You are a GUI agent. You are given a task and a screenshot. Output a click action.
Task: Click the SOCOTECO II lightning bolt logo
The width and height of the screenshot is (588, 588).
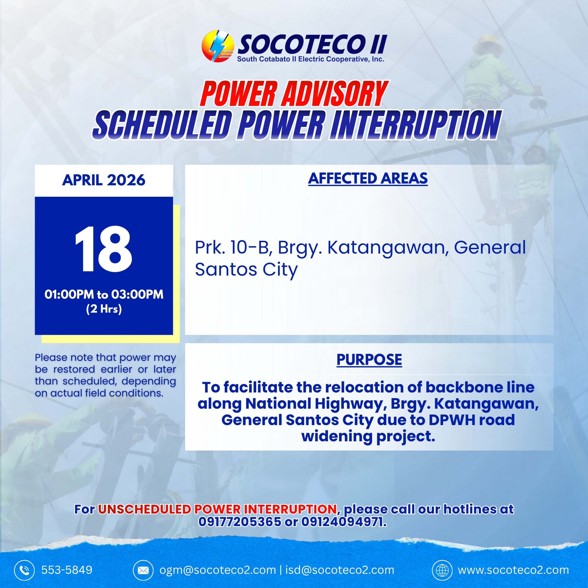(x=218, y=46)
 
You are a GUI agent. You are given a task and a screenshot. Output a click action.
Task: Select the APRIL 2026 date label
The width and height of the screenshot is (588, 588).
(x=104, y=180)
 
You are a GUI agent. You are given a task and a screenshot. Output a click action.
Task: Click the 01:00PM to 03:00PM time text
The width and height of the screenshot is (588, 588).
(x=104, y=294)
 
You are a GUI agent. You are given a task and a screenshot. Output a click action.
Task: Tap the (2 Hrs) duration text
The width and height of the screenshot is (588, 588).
(x=104, y=309)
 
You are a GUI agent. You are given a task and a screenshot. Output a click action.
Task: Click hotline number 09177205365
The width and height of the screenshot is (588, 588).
(x=240, y=522)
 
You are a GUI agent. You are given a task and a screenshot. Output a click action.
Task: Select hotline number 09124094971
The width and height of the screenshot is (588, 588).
(x=344, y=522)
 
